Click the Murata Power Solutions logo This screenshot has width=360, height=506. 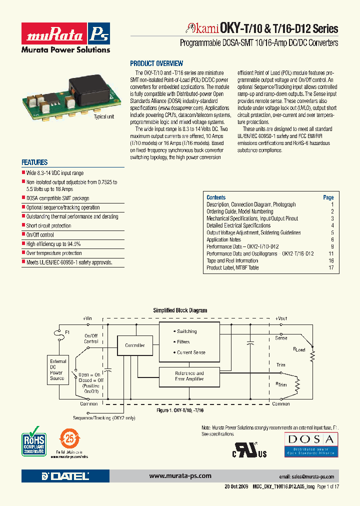pyautogui.click(x=65, y=37)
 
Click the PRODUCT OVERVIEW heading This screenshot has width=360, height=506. pyautogui.click(x=156, y=63)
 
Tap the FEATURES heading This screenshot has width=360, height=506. pyautogui.click(x=34, y=162)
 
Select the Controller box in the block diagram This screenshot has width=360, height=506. pyautogui.click(x=134, y=345)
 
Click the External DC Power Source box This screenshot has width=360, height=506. pyautogui.click(x=57, y=369)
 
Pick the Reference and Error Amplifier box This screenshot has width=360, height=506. pyautogui.click(x=189, y=376)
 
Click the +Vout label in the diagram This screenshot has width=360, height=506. pyautogui.click(x=281, y=318)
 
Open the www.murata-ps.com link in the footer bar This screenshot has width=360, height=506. pyautogui.click(x=180, y=476)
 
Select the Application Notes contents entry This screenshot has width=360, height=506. pyautogui.click(x=224, y=240)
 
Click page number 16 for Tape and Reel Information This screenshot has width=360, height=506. pyautogui.click(x=331, y=261)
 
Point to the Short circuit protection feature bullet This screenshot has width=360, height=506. pyautogui.click(x=48, y=226)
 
